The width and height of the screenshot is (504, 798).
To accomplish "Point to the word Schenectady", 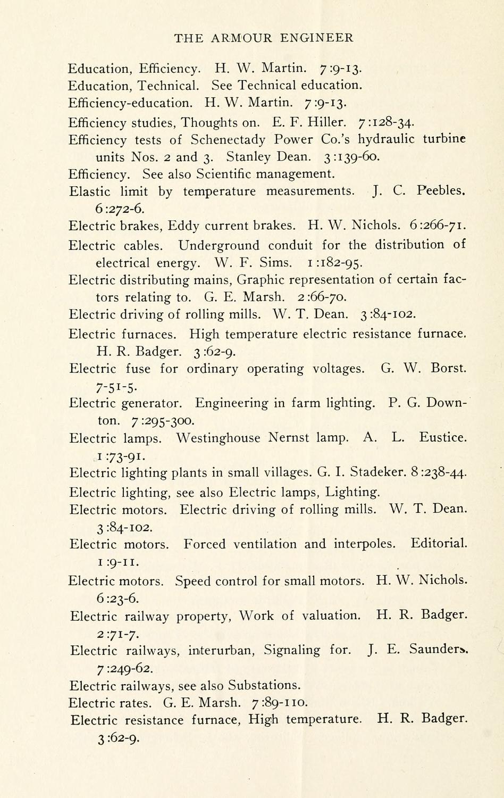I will pos(228,140).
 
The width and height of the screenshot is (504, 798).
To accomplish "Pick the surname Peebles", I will pos(442,190).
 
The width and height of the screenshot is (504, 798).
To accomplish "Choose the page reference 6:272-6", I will pos(117,209).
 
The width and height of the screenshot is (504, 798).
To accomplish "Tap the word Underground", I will pos(219,245).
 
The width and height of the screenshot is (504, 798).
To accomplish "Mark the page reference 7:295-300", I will pos(162,421).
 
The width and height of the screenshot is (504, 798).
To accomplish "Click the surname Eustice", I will pos(443,438).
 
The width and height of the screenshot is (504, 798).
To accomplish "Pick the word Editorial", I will pos(439,544).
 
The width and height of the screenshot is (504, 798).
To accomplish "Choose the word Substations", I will pos(265,685).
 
